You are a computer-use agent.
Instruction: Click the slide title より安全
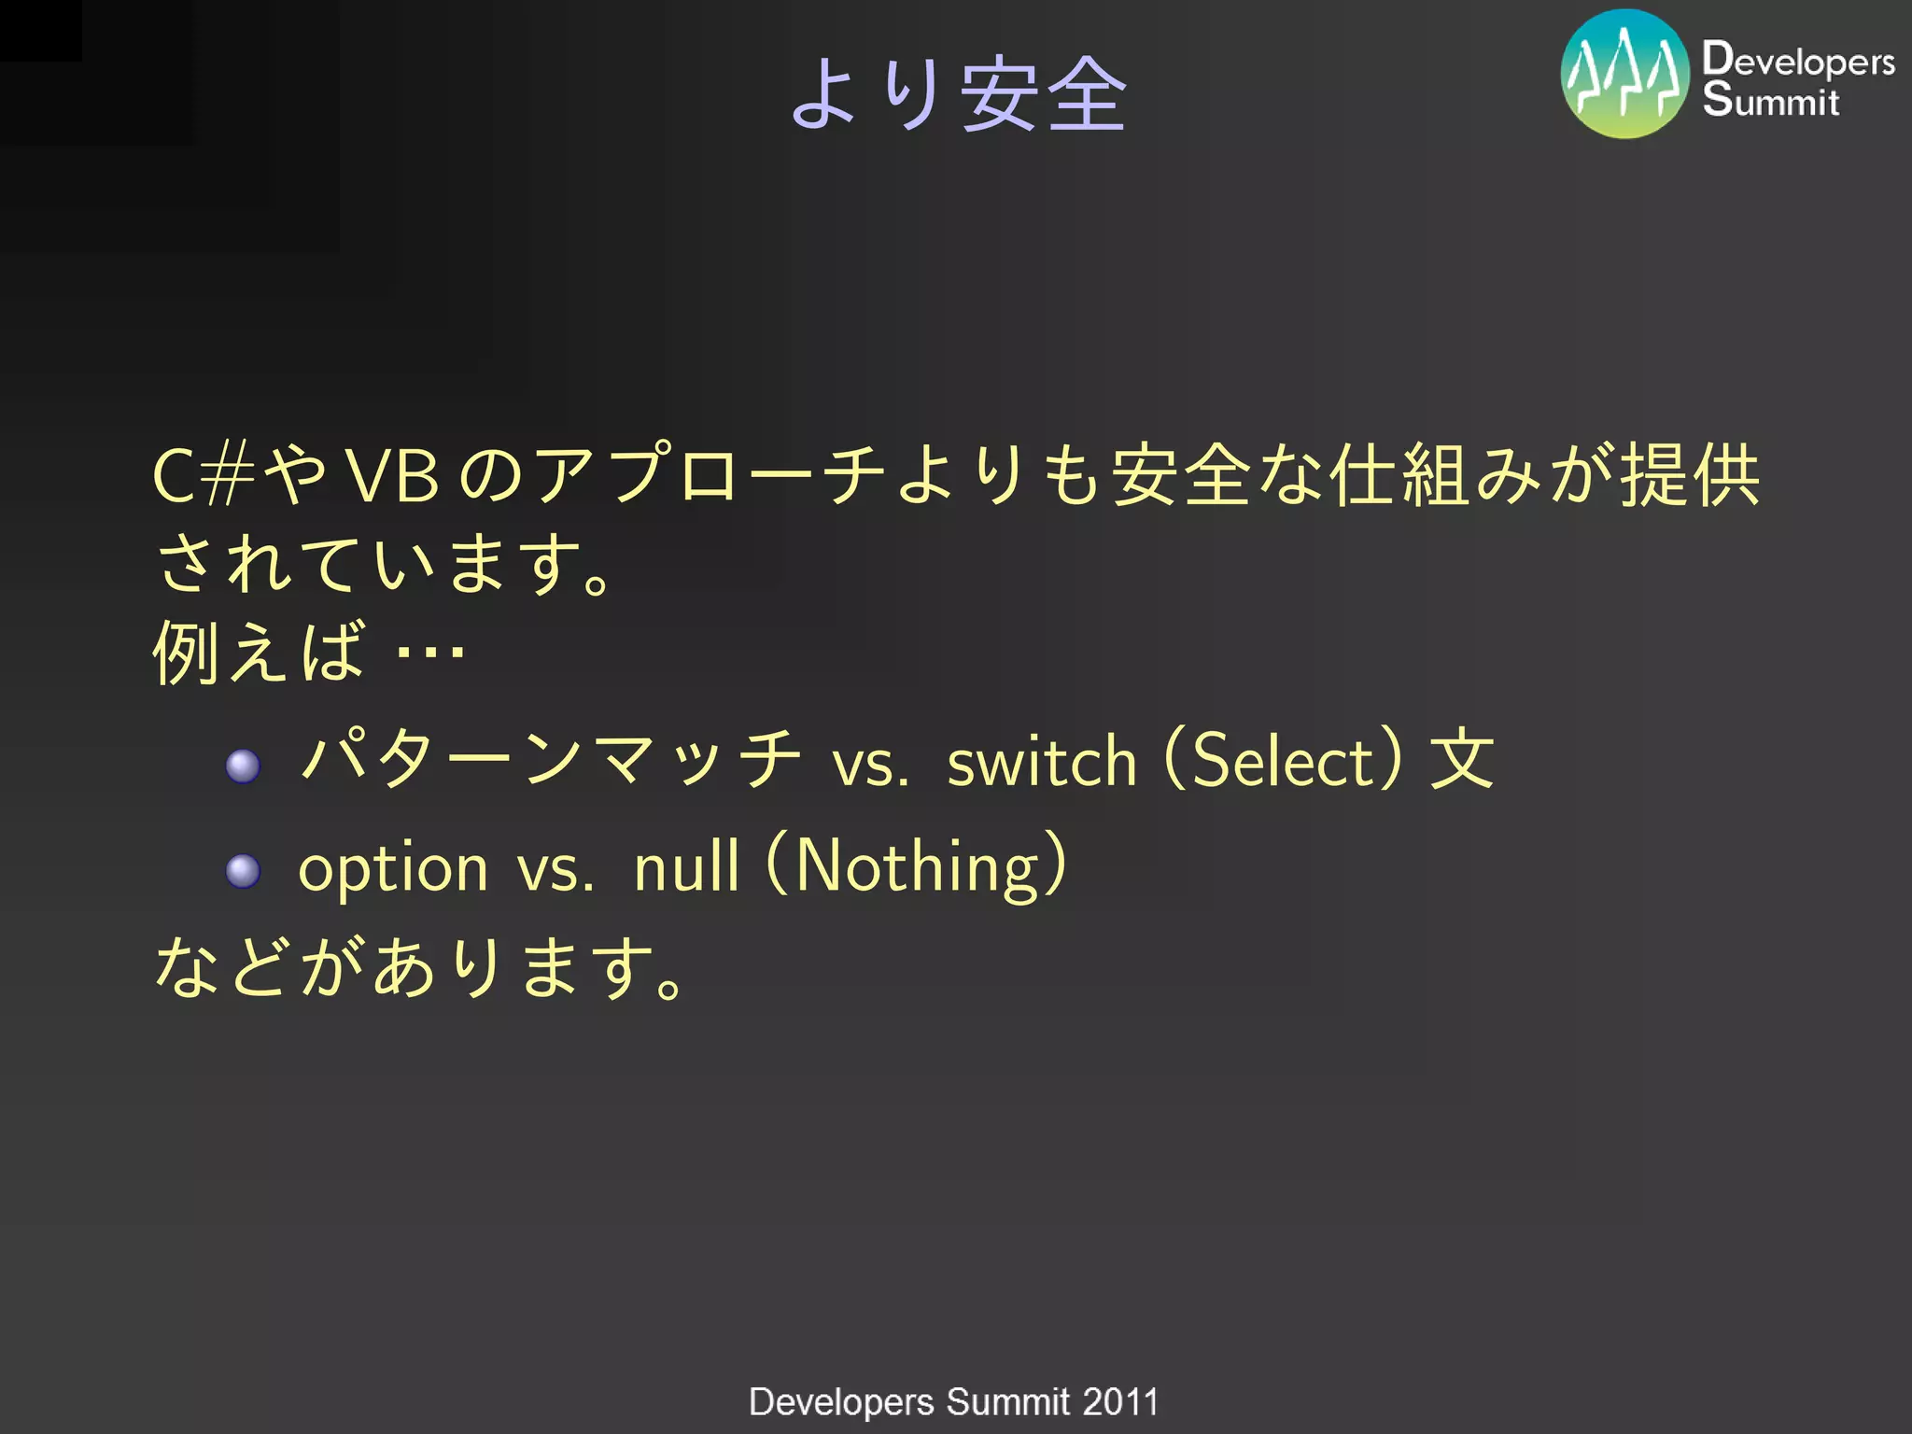coord(959,93)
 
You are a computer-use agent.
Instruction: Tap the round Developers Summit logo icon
coord(1625,75)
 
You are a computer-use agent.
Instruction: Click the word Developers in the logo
coord(1798,60)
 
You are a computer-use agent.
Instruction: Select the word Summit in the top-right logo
coord(1771,100)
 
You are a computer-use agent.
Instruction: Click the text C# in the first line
coord(203,476)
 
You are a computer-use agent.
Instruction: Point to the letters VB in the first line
coord(392,476)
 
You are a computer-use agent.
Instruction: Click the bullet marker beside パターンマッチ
coord(244,766)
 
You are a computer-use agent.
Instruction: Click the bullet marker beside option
coord(244,871)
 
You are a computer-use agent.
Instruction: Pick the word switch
coord(1042,761)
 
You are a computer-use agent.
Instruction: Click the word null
coord(687,865)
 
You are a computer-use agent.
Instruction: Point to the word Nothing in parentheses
coord(917,865)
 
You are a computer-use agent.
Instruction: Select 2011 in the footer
coord(1120,1402)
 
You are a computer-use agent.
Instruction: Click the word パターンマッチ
coord(551,758)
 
